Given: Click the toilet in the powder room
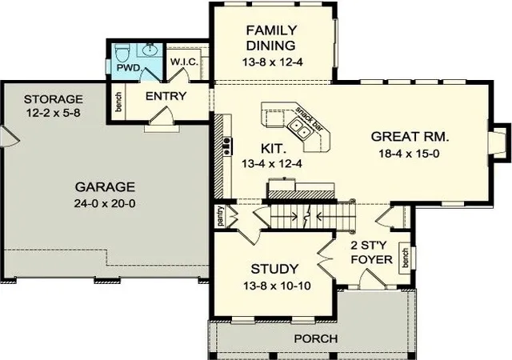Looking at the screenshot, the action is click(x=122, y=53).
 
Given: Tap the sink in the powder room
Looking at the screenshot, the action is click(x=150, y=50).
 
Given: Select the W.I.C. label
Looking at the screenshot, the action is click(x=184, y=62).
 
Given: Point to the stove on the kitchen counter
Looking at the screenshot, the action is click(x=227, y=146).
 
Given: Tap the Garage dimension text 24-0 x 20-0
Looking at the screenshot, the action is click(x=105, y=203).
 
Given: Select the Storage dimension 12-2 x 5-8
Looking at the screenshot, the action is click(x=54, y=113).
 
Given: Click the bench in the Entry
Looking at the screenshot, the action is click(x=118, y=102).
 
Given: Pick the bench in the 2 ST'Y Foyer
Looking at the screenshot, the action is click(x=405, y=258).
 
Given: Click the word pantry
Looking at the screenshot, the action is click(x=221, y=216).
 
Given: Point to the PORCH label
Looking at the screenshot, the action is click(x=316, y=338).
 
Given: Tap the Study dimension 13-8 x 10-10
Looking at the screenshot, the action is click(x=277, y=286).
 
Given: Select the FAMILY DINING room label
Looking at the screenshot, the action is click(x=271, y=38).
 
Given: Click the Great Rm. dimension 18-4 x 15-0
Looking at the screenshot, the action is click(x=409, y=154).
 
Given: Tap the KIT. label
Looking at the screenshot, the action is click(x=274, y=149).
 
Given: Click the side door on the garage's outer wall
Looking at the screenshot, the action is click(x=10, y=136).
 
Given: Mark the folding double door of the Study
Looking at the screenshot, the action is click(x=326, y=258).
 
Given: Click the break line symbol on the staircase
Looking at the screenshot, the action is click(x=306, y=216).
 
